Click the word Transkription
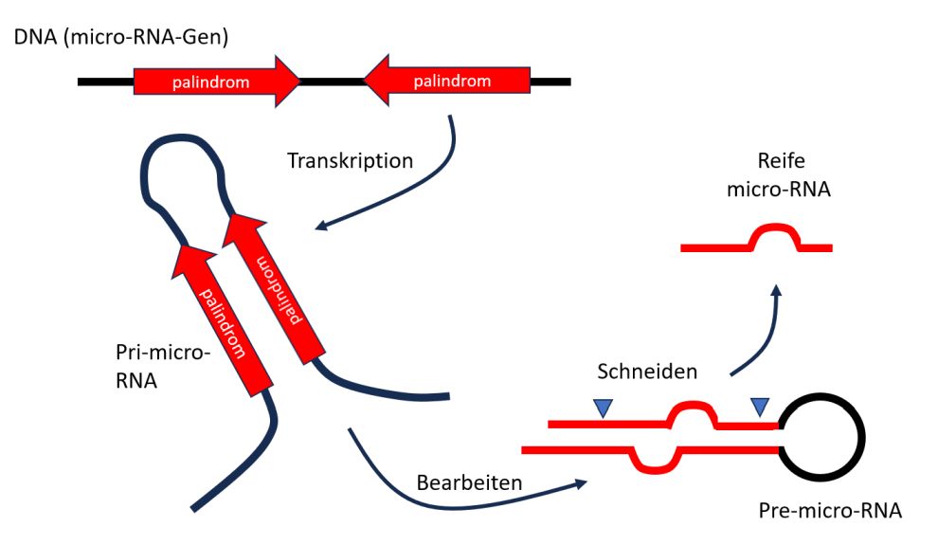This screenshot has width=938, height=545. pyautogui.click(x=351, y=160)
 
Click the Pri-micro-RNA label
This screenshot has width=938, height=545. pyautogui.click(x=157, y=370)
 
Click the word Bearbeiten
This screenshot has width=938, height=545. pyautogui.click(x=469, y=481)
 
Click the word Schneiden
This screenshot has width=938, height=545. pyautogui.click(x=647, y=372)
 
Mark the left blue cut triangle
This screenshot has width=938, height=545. pyautogui.click(x=603, y=408)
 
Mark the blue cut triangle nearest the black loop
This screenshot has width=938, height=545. pyautogui.click(x=760, y=407)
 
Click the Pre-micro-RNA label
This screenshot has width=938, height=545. pyautogui.click(x=830, y=512)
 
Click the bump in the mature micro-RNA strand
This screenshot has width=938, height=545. pyautogui.click(x=777, y=230)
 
